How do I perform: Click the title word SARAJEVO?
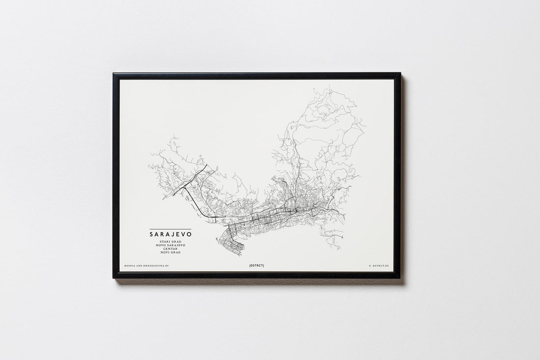coord(171,235)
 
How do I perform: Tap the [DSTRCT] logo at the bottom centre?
coord(256,265)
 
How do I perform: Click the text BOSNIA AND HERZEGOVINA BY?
coord(146,265)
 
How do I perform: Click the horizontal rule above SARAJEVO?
coord(171,229)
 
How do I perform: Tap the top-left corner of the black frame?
coord(114,74)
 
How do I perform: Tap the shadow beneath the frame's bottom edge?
coord(258,282)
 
